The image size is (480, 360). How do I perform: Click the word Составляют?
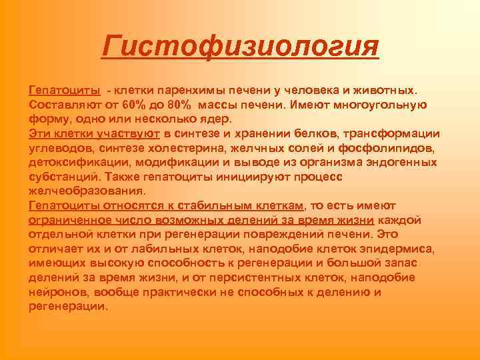pyautogui.click(x=59, y=105)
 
